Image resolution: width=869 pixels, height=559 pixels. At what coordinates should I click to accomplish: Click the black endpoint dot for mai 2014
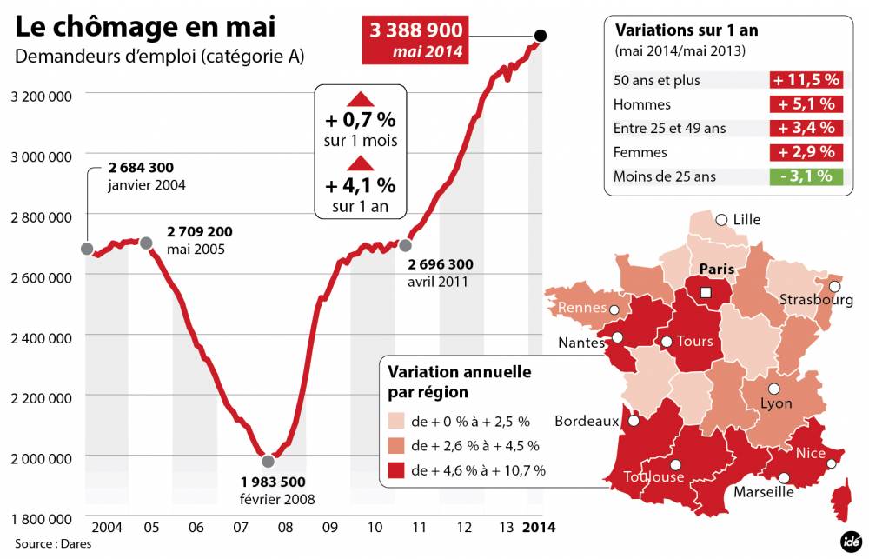pyautogui.click(x=541, y=36)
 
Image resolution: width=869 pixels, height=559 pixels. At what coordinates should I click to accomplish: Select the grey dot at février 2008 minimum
pyautogui.click(x=268, y=462)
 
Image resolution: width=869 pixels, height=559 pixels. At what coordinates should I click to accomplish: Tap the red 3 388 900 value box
pyautogui.click(x=416, y=41)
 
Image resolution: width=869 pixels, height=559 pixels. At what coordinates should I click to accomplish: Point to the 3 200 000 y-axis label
pyautogui.click(x=41, y=95)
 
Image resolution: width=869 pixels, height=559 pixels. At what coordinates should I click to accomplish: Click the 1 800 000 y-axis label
pyautogui.click(x=41, y=519)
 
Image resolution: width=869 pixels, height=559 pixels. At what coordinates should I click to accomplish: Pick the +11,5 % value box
pyautogui.click(x=806, y=80)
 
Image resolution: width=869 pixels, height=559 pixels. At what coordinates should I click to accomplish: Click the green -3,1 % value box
pyautogui.click(x=806, y=176)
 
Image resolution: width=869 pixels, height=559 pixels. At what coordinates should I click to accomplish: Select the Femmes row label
pyautogui.click(x=640, y=152)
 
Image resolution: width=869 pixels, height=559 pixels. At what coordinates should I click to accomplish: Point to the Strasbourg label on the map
pyautogui.click(x=816, y=301)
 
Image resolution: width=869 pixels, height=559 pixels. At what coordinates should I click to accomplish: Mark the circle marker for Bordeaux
pyautogui.click(x=634, y=422)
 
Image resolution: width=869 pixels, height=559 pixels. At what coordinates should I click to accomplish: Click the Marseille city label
pyautogui.click(x=764, y=492)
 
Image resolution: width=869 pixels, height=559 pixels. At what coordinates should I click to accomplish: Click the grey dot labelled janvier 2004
pyautogui.click(x=86, y=249)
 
